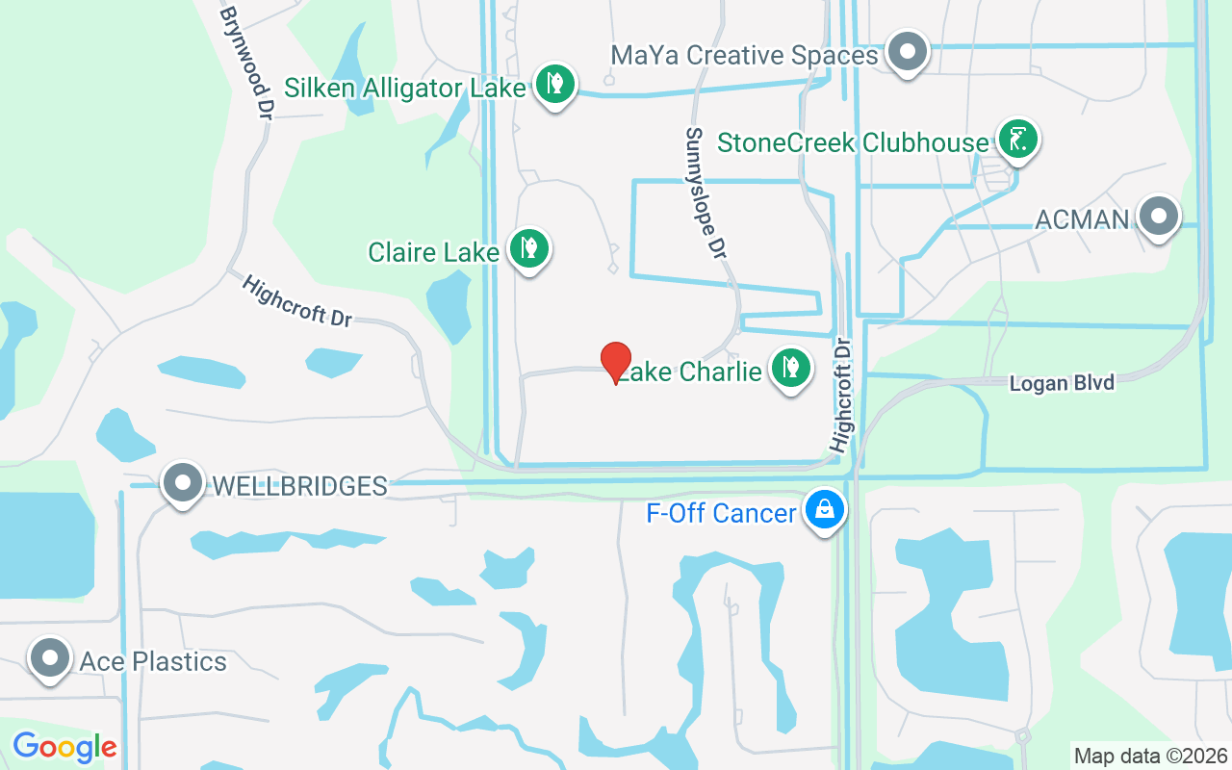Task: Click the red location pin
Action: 616,362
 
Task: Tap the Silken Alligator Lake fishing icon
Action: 554,84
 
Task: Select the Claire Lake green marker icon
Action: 527,248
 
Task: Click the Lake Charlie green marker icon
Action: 790,368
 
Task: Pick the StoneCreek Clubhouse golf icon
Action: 1017,139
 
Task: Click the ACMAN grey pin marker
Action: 1158,216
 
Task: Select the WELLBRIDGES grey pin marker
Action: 182,482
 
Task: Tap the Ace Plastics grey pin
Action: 50,658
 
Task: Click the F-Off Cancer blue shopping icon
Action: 825,510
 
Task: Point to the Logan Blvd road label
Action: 1062,383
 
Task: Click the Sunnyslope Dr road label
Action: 705,193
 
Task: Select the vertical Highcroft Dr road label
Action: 842,394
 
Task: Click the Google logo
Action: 64,747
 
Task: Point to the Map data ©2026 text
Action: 1150,756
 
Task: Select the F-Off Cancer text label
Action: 721,513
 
